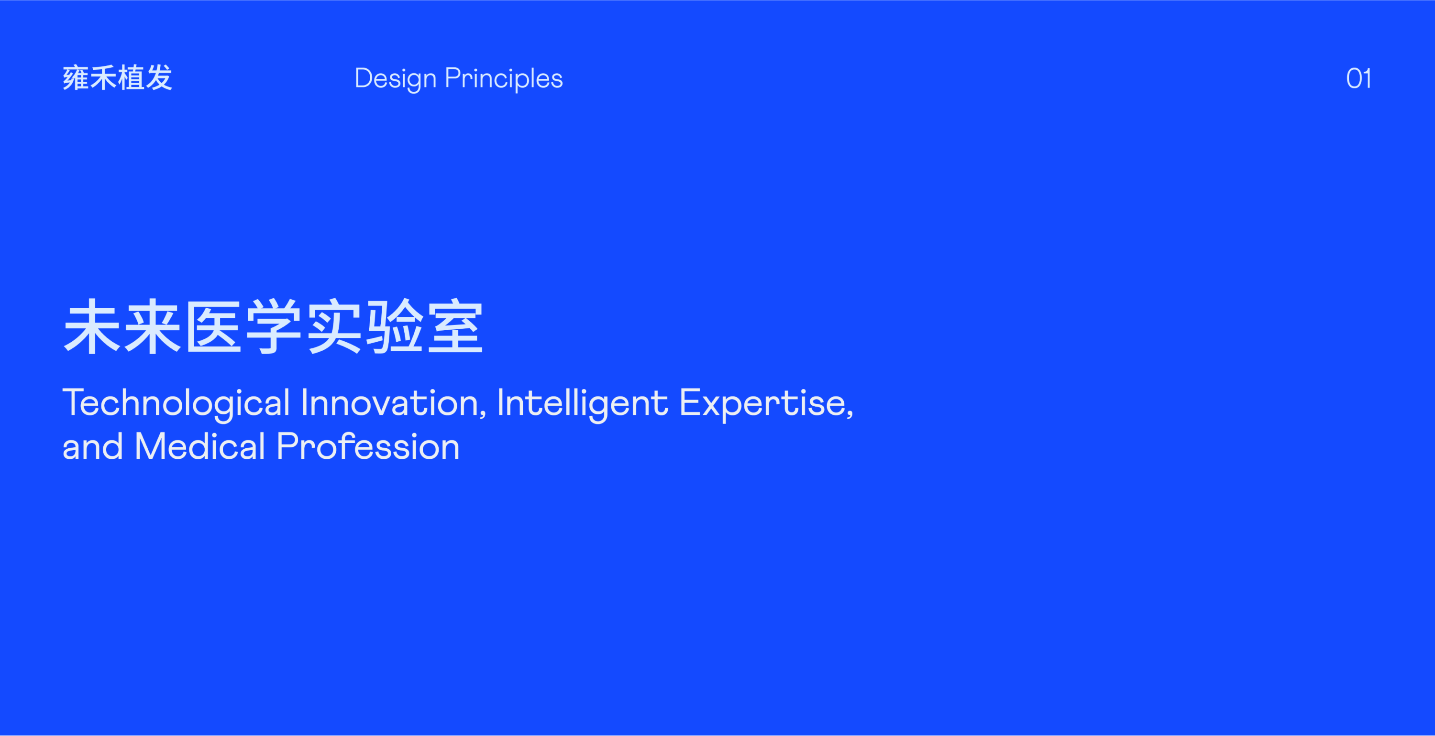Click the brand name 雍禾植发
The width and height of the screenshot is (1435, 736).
tap(118, 78)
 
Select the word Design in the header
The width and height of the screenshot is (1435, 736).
tap(396, 79)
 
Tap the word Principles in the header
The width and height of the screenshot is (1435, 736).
tap(504, 79)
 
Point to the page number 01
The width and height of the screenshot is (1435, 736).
tap(1358, 78)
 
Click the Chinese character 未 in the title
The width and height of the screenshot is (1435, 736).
tap(92, 326)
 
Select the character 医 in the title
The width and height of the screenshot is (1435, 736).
tap(213, 326)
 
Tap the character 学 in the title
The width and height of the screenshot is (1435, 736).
tap(274, 326)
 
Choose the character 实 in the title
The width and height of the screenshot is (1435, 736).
tap(334, 326)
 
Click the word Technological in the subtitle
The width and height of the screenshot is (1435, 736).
tap(176, 404)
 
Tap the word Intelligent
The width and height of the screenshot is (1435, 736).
tap(583, 404)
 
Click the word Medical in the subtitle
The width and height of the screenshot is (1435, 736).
tap(200, 446)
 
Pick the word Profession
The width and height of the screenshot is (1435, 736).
tap(368, 446)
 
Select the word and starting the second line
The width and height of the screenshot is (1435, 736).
tap(92, 446)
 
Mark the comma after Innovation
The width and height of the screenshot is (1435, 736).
tap(483, 414)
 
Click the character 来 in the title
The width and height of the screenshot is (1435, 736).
tap(153, 326)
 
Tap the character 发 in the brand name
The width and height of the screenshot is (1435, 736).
tap(159, 78)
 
